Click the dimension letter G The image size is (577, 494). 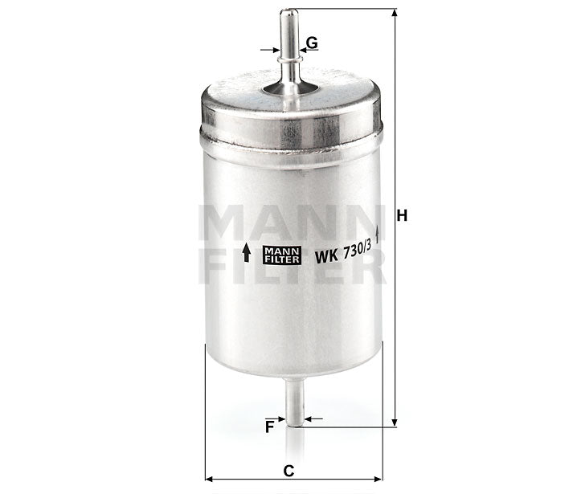[x=312, y=42]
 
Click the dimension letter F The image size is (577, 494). [x=270, y=427]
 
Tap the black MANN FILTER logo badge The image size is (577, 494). [x=280, y=255]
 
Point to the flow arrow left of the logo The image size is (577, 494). [x=247, y=253]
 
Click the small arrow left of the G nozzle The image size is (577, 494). [x=272, y=50]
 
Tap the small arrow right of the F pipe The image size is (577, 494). [x=313, y=418]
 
